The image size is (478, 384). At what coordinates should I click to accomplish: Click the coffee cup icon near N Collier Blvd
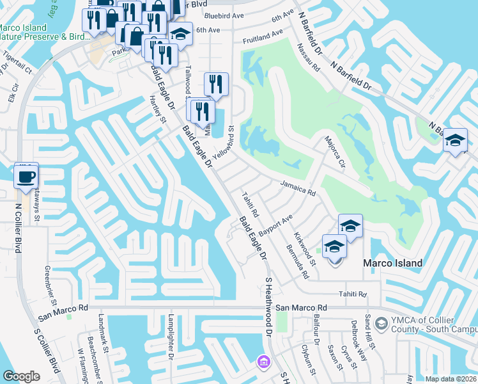pyautogui.click(x=26, y=177)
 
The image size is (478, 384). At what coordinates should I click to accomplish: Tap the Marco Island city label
pyautogui.click(x=392, y=263)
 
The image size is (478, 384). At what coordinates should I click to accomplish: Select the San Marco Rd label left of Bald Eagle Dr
pyautogui.click(x=63, y=313)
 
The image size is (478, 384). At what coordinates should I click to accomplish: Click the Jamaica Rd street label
pyautogui.click(x=298, y=188)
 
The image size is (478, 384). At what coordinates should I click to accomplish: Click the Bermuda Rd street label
pyautogui.click(x=298, y=262)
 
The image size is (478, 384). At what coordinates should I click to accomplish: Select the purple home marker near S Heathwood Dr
pyautogui.click(x=263, y=363)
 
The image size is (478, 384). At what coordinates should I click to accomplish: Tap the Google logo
pyautogui.click(x=21, y=376)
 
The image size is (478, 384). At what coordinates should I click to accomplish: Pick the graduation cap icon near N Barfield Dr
pyautogui.click(x=456, y=141)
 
